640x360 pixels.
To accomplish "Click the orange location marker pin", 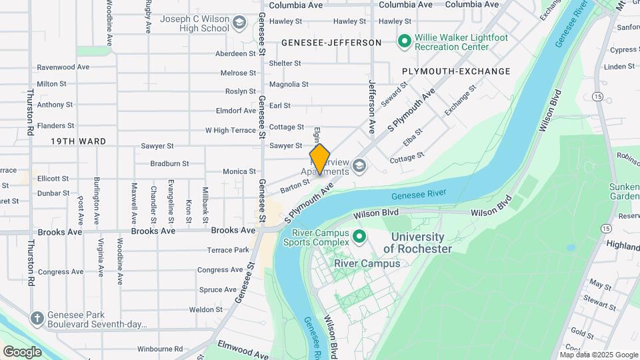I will click(x=320, y=159).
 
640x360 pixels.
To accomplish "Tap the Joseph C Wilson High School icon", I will click(x=239, y=25).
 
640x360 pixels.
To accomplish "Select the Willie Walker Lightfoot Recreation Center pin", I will click(x=403, y=42).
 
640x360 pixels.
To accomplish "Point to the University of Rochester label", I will click(x=417, y=243).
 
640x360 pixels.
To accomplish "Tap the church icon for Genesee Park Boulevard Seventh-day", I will click(x=37, y=318).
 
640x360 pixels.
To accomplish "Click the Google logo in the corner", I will click(x=22, y=352).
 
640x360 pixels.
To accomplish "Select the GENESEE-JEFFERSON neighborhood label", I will click(x=331, y=43).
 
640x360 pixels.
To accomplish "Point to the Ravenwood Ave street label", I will click(x=63, y=67).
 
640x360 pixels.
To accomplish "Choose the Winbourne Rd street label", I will click(x=160, y=349).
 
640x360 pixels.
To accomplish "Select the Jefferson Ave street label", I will click(x=372, y=107).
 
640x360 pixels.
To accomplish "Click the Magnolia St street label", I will click(x=289, y=85).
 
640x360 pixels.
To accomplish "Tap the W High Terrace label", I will click(x=231, y=130).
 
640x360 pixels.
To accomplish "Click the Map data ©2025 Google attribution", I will click(x=599, y=355).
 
